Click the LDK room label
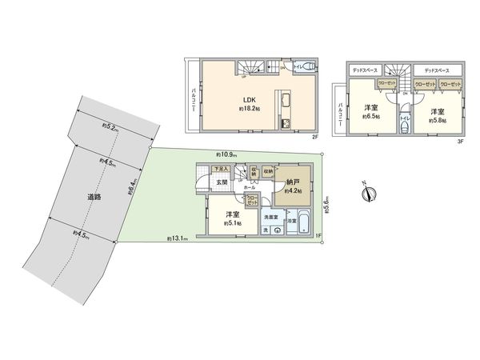(x=248, y=101)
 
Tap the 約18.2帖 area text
(x=248, y=110)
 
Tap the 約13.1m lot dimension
(x=177, y=238)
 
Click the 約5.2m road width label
(x=111, y=128)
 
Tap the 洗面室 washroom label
(x=272, y=217)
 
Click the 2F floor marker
(x=316, y=138)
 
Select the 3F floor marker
(x=461, y=141)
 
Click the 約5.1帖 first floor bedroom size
(x=233, y=222)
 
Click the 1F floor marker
(x=317, y=235)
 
